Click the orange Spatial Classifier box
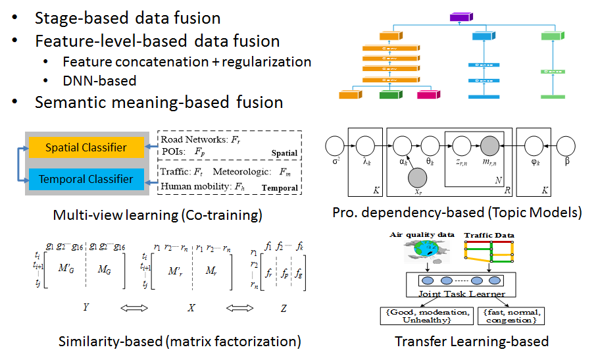[86, 147]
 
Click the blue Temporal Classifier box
[86, 178]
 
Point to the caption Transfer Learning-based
[472, 341]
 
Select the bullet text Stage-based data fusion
[128, 18]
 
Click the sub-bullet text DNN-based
[99, 81]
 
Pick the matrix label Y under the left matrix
[86, 307]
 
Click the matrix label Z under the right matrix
[283, 307]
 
